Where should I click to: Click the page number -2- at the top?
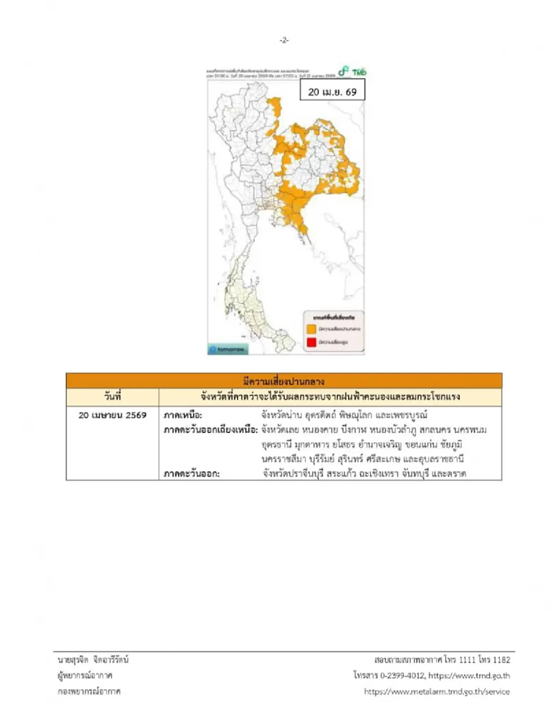point(284,40)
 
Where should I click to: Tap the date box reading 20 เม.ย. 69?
point(332,91)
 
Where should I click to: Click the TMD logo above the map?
point(353,72)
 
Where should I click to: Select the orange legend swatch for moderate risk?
point(311,329)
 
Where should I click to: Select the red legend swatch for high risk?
point(311,342)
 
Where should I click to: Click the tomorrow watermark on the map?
point(228,349)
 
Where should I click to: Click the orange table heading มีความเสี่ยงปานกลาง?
point(284,381)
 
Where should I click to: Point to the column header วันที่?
point(112,397)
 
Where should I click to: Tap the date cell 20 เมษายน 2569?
point(112,415)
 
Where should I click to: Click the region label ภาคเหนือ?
point(183,415)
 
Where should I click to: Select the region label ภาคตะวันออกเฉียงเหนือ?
point(210,429)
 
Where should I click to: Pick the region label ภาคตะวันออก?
point(192,473)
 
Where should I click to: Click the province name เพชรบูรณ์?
point(406,415)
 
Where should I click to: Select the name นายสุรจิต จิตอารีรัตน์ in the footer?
point(93,660)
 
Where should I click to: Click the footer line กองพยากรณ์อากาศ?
point(89,691)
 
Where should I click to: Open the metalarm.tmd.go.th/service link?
point(437,691)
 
